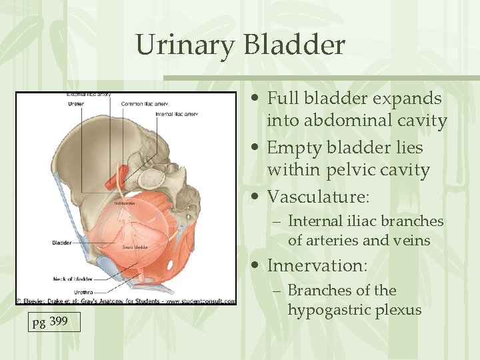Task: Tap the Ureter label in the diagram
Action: (x=75, y=104)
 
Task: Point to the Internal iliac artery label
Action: (x=176, y=114)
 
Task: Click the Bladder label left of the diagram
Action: (x=61, y=243)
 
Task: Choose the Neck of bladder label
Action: (x=73, y=279)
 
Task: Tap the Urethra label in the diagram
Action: (x=83, y=292)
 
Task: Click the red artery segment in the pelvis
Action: (x=111, y=182)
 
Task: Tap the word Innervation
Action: (x=317, y=265)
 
